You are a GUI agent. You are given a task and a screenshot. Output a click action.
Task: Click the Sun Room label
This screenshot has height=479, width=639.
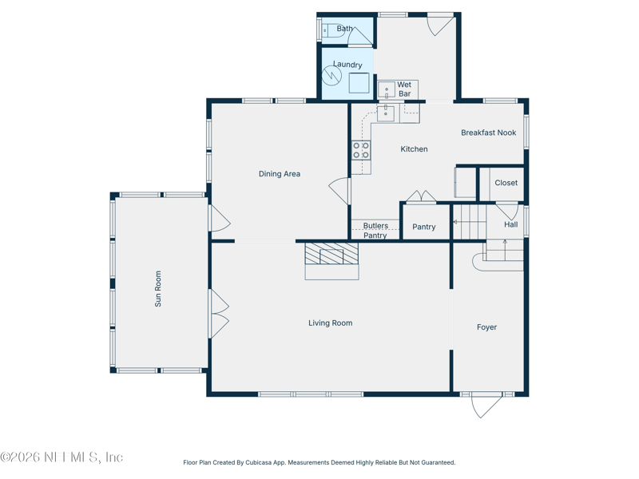(158, 289)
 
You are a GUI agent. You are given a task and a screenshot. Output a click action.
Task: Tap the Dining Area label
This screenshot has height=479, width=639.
(279, 174)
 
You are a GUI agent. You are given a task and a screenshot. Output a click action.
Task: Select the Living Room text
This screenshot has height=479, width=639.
(330, 323)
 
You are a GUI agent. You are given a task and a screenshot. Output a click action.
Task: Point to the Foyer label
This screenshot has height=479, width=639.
(486, 327)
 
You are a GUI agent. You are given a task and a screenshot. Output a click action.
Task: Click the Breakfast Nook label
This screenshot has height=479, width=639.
(488, 133)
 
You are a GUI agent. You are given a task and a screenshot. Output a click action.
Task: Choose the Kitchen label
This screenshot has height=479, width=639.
(414, 149)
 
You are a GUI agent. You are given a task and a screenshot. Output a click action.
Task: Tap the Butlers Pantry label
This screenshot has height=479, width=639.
(375, 231)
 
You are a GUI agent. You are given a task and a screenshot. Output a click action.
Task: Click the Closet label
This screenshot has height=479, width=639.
(506, 183)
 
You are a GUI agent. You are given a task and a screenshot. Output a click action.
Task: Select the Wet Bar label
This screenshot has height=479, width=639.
(405, 89)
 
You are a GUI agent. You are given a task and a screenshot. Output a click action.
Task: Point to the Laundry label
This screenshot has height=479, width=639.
(347, 65)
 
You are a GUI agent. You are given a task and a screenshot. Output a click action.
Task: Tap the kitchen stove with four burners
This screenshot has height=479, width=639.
(361, 151)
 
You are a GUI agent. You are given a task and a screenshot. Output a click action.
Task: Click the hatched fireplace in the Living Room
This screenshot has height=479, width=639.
(331, 255)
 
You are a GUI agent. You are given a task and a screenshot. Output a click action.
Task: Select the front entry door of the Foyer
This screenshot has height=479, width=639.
(486, 405)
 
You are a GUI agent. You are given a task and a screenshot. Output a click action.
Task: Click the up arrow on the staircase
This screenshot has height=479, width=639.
(505, 243)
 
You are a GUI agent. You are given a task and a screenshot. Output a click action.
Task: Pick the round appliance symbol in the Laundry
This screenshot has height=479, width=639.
(332, 76)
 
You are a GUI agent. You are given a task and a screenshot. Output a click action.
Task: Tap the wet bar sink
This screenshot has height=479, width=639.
(386, 89)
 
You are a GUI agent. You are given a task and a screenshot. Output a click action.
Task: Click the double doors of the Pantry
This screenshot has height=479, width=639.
(421, 197)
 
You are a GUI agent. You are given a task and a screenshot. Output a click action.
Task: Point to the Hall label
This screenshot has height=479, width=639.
(510, 224)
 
